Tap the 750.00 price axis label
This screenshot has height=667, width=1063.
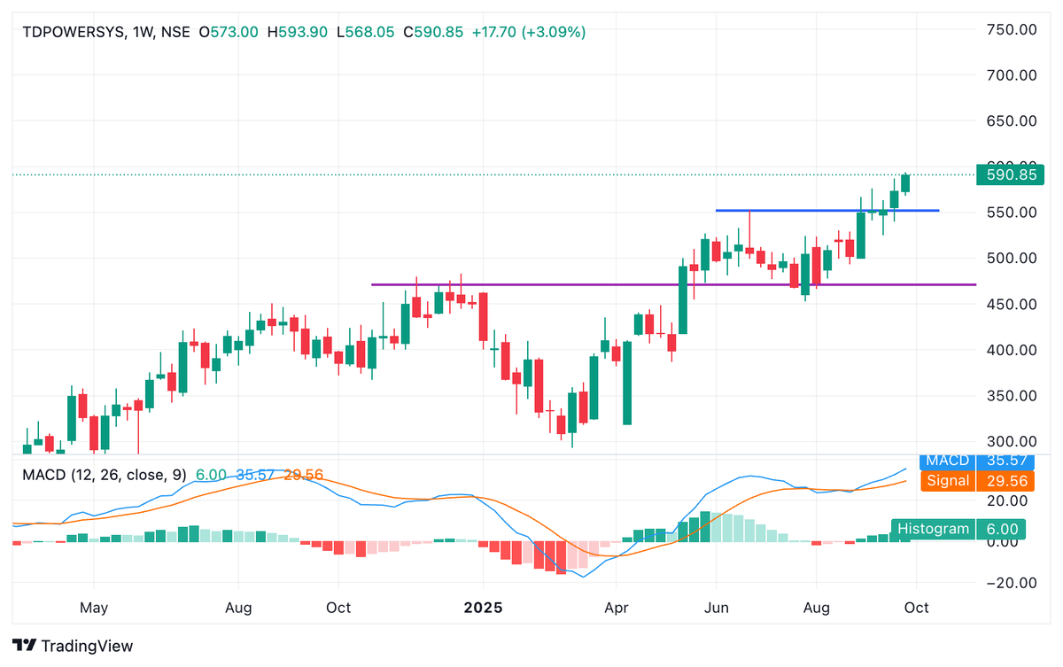coord(1011,29)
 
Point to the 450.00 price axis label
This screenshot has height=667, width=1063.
coord(1011,304)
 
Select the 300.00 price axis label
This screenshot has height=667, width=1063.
coord(1011,441)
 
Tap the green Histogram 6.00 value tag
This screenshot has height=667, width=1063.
coord(958,529)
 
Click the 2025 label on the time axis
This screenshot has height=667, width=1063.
coord(483,609)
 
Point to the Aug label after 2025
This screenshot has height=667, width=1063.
coord(816,609)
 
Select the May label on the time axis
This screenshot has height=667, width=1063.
coord(93,609)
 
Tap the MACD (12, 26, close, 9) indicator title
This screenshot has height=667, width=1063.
coord(105,475)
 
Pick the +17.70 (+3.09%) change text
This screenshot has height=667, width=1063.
coord(528,32)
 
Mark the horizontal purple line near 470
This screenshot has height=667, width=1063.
coord(620,284)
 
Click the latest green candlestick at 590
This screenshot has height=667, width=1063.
coord(905,183)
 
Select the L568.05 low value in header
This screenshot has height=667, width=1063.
coord(367,32)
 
